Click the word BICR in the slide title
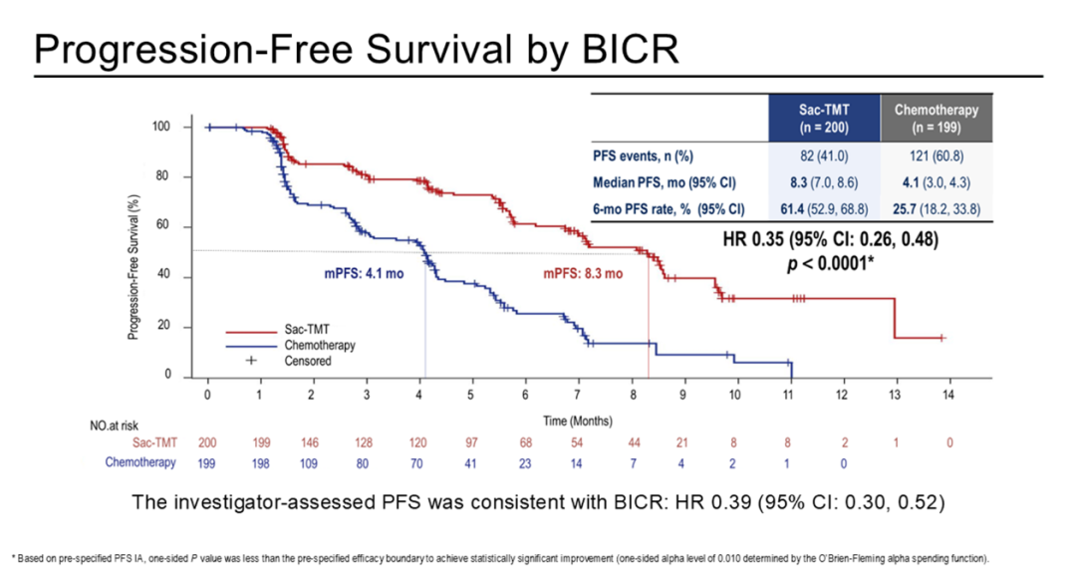pyautogui.click(x=625, y=47)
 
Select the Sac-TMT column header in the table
pyautogui.click(x=824, y=119)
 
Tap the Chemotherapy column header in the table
pyautogui.click(x=936, y=119)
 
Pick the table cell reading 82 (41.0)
pyautogui.click(x=824, y=155)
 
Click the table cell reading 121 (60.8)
pyautogui.click(x=936, y=155)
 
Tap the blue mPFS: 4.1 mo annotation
pyautogui.click(x=362, y=273)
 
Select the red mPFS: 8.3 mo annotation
pyautogui.click(x=583, y=273)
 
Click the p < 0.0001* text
pyautogui.click(x=828, y=262)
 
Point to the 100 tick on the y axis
pyautogui.click(x=161, y=128)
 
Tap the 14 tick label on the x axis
pyautogui.click(x=947, y=396)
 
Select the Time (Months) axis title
pyautogui.click(x=578, y=421)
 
